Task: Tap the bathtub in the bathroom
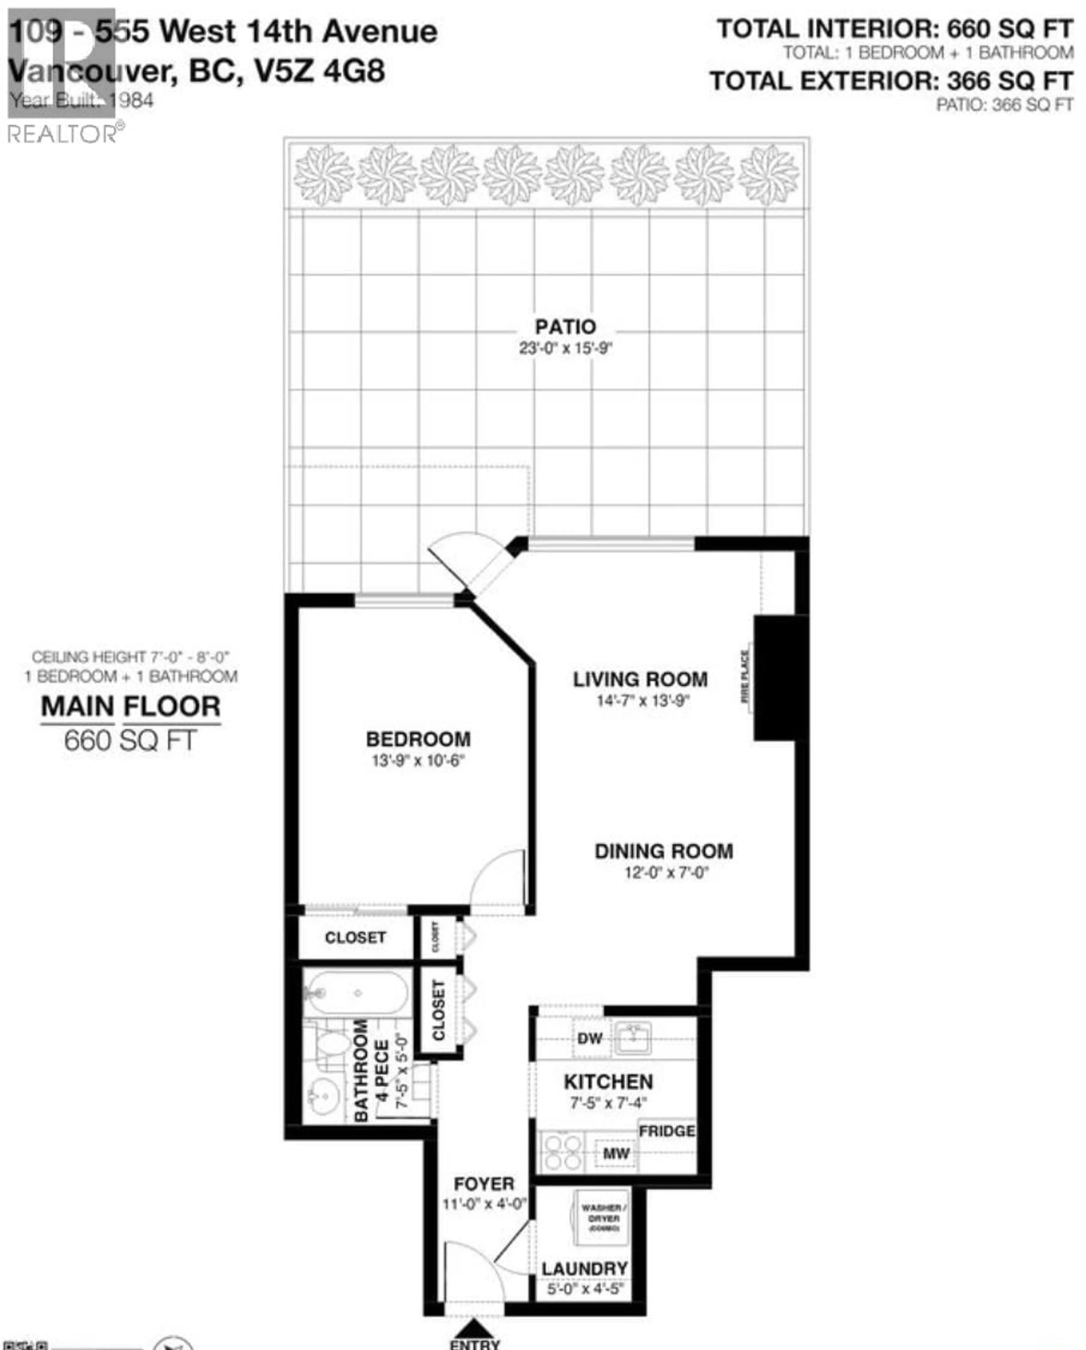(x=357, y=992)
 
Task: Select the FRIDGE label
(x=667, y=1131)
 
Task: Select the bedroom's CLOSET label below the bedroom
(x=355, y=937)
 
